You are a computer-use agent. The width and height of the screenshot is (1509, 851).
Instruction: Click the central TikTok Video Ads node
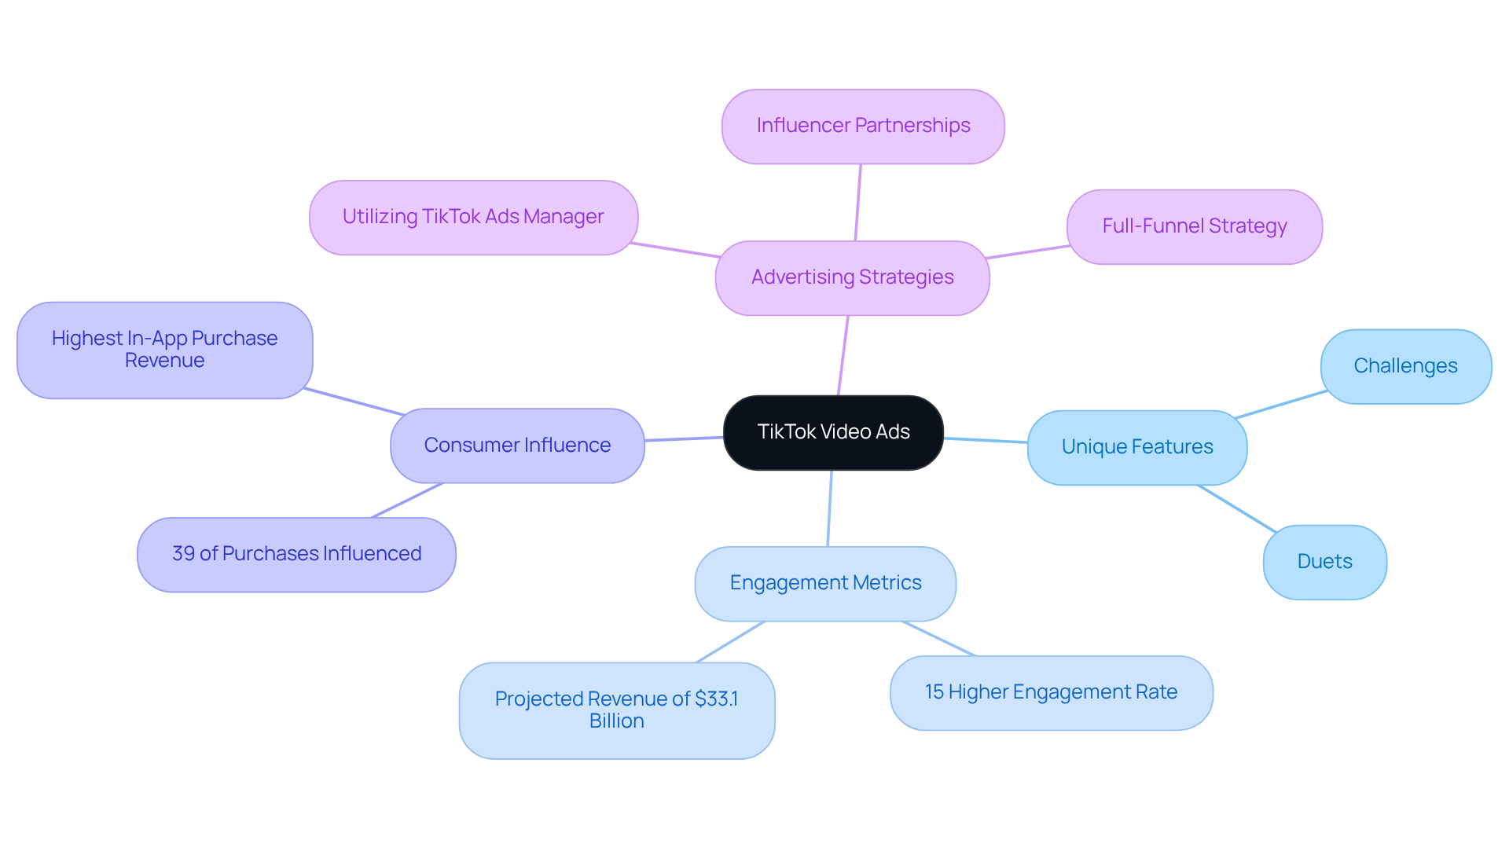833,432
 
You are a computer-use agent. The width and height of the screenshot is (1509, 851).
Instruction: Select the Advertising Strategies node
852,277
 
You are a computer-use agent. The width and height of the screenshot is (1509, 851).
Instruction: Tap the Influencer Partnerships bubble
863,126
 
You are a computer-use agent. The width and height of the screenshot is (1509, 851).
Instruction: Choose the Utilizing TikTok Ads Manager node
473,217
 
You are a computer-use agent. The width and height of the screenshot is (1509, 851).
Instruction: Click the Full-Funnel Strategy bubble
1194,226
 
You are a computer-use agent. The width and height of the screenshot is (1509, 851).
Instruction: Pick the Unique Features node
1136,447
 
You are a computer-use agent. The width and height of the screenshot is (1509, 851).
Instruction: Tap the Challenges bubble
1405,366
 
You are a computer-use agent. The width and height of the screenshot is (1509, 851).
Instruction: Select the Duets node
1324,562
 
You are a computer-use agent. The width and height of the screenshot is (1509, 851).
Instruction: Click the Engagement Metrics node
825,583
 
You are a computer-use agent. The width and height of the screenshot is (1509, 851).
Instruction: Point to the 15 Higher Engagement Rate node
1051,692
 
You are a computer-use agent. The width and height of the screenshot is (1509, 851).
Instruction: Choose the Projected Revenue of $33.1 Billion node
616,710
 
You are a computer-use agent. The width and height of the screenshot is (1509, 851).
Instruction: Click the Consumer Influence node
517,446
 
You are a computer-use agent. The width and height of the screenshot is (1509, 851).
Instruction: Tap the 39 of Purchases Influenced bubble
296,554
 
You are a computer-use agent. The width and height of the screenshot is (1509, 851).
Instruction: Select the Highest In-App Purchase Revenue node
164,350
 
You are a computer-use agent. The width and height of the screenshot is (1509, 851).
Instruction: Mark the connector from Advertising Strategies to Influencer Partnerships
858,203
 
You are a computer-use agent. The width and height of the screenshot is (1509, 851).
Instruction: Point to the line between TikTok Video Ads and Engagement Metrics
830,508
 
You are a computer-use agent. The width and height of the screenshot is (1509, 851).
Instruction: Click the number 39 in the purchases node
183,554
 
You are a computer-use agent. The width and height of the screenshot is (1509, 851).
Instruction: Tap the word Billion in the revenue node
616,721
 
